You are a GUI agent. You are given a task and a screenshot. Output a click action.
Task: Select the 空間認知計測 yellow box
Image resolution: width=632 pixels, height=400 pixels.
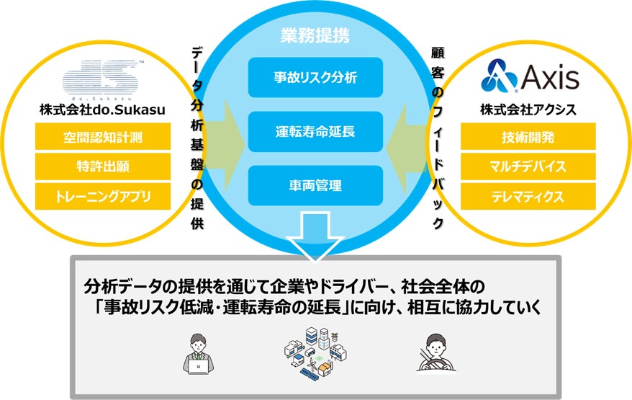click(103, 137)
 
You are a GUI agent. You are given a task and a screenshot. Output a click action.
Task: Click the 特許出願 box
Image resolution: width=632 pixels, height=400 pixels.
click(103, 166)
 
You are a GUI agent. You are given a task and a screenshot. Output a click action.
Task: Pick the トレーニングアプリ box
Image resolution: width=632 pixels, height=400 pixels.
click(103, 195)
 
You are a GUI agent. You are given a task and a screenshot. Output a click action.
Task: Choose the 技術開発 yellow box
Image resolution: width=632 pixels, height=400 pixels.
click(528, 137)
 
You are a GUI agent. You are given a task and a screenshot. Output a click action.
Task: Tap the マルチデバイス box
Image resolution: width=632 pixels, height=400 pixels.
click(528, 166)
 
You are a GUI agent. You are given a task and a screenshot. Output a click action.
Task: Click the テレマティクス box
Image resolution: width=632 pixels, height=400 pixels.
click(528, 195)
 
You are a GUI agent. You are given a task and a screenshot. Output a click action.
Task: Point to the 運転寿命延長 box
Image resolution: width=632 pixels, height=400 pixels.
click(315, 132)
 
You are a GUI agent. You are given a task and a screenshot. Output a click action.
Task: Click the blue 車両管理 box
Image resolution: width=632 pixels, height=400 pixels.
click(315, 185)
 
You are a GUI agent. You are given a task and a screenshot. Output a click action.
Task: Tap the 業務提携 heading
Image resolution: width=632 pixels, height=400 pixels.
click(315, 34)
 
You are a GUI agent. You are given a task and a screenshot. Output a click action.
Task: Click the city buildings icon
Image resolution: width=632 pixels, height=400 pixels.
click(315, 351)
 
